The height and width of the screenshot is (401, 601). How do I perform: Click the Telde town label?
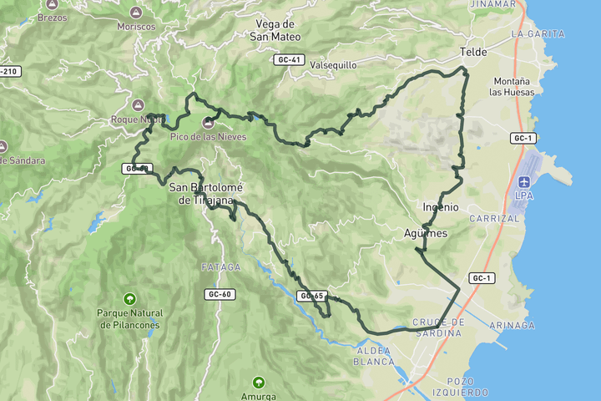tap(473, 53)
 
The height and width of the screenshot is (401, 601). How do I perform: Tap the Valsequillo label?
tap(333, 64)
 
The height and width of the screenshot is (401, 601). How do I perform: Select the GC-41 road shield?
tap(285, 60)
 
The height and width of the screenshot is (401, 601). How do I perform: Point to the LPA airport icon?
tap(524, 182)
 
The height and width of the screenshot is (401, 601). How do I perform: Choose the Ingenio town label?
tap(441, 206)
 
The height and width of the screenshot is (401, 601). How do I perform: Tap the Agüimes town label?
tap(426, 233)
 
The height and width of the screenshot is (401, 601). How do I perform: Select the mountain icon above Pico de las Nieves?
tap(207, 123)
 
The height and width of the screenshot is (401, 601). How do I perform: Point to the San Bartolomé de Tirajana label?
tap(201, 193)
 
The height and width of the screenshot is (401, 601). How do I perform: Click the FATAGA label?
tap(220, 266)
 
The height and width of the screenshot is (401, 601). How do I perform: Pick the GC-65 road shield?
tap(311, 296)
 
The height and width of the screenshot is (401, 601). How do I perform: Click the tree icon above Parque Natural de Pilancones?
tap(129, 299)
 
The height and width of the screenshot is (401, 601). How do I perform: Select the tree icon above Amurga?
tap(259, 383)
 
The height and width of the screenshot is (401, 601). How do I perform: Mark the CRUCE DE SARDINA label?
tap(437, 327)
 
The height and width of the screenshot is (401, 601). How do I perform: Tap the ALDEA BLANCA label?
tap(375, 357)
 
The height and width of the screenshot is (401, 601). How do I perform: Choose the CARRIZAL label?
tap(494, 218)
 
